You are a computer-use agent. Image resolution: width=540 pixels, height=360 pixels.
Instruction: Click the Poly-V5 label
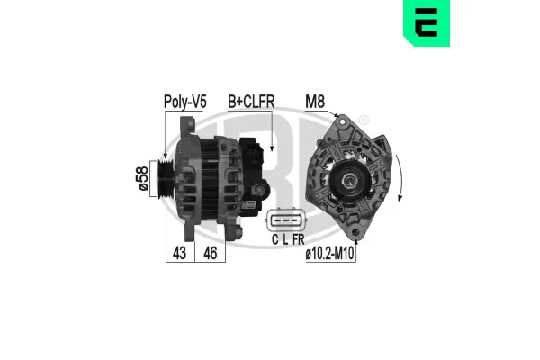[184, 102]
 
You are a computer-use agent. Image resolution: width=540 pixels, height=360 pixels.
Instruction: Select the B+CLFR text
[252, 102]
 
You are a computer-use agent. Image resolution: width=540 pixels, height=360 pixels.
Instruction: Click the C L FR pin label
[287, 240]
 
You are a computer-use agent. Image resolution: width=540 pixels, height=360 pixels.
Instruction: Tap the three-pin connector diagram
[287, 220]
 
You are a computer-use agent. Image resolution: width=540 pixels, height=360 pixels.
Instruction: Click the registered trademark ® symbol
[363, 121]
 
